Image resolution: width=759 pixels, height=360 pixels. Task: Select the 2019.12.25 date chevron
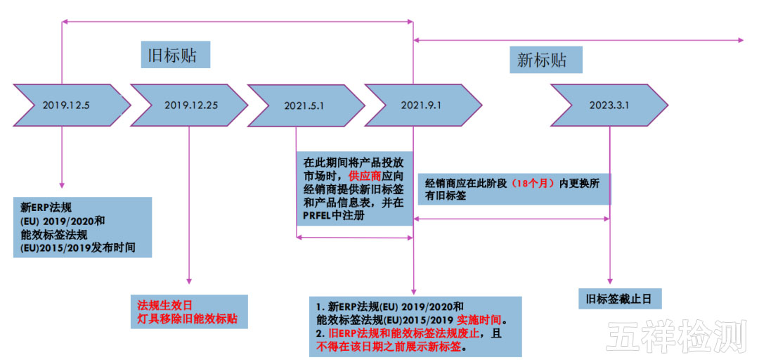click(x=190, y=105)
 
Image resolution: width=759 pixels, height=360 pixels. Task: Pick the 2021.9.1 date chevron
click(x=422, y=105)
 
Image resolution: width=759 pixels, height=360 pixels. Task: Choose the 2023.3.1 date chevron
click(x=609, y=105)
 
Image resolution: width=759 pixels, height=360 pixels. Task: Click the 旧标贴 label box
click(x=176, y=55)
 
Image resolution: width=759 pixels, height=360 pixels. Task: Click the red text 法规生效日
click(x=164, y=305)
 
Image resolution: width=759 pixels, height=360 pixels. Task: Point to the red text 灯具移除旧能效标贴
click(x=187, y=319)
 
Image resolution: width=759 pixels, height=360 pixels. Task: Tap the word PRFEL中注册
click(x=334, y=217)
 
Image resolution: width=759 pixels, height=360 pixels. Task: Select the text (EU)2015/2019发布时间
click(x=77, y=248)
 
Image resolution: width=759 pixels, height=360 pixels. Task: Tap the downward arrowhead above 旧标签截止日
click(x=609, y=281)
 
